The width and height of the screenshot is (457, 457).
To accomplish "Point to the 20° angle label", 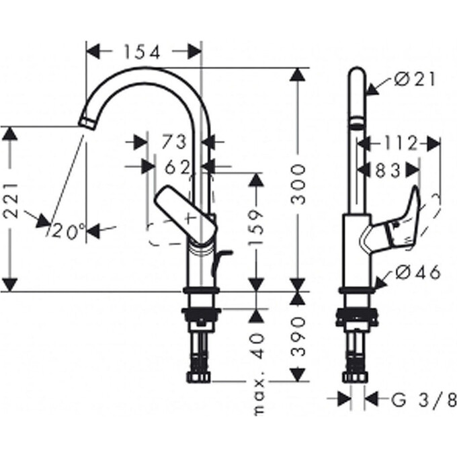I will [68, 231].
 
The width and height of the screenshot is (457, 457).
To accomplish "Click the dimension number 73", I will [173, 142].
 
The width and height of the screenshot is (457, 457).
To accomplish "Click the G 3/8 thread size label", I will [423, 401].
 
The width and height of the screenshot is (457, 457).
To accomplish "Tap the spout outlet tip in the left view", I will [85, 122].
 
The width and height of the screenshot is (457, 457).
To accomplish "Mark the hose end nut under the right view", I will [356, 377].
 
